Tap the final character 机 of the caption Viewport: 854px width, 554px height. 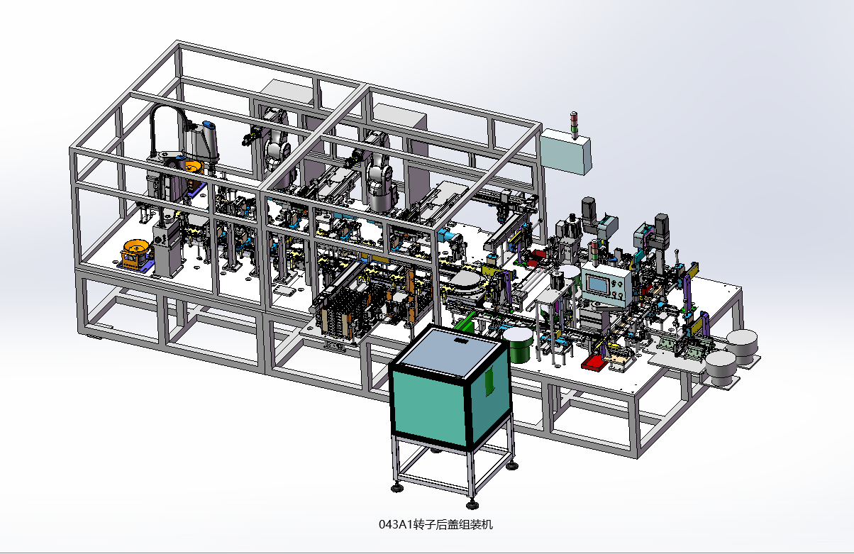(x=487, y=525)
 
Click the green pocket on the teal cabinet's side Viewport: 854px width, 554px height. (x=489, y=380)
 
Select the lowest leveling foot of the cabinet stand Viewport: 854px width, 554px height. (x=472, y=505)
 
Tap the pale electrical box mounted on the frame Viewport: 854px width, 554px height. (x=565, y=151)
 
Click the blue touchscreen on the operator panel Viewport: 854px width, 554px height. (x=597, y=284)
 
